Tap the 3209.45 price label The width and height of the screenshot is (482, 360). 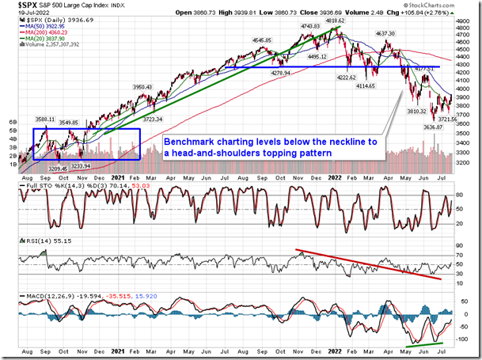click(56, 168)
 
